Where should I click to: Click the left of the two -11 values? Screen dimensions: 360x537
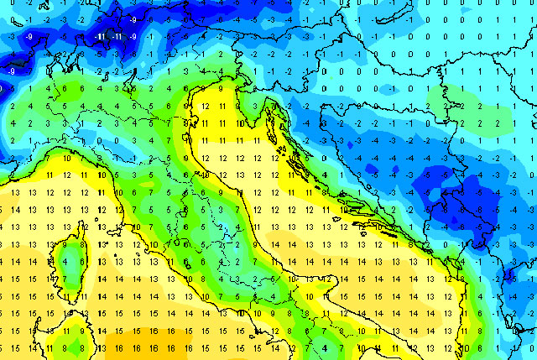point(100,37)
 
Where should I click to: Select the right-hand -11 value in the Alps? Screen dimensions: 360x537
point(117,37)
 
